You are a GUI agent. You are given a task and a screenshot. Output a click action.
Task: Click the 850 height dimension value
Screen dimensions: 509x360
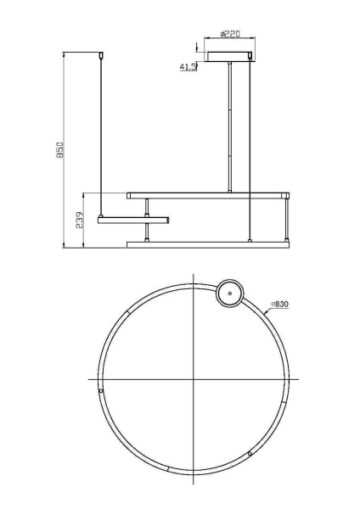pyautogui.click(x=59, y=150)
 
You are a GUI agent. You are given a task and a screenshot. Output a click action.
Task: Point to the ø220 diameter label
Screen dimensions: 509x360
pyautogui.click(x=230, y=35)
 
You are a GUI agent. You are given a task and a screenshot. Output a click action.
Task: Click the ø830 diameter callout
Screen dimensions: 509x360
pyautogui.click(x=281, y=304)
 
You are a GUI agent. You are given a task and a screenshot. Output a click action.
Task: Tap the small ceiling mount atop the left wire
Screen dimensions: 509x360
pyautogui.click(x=104, y=55)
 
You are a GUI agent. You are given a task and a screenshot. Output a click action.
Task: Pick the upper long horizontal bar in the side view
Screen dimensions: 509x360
pyautogui.click(x=208, y=195)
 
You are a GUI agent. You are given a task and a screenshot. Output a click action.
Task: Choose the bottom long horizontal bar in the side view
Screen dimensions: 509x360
pyautogui.click(x=208, y=245)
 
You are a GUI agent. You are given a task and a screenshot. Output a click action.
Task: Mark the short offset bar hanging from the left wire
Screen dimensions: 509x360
pyautogui.click(x=133, y=221)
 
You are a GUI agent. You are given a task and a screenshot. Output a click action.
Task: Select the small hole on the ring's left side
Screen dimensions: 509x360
pyautogui.click(x=104, y=392)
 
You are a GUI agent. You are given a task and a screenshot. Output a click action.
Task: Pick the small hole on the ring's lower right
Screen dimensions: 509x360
pyautogui.click(x=250, y=454)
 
